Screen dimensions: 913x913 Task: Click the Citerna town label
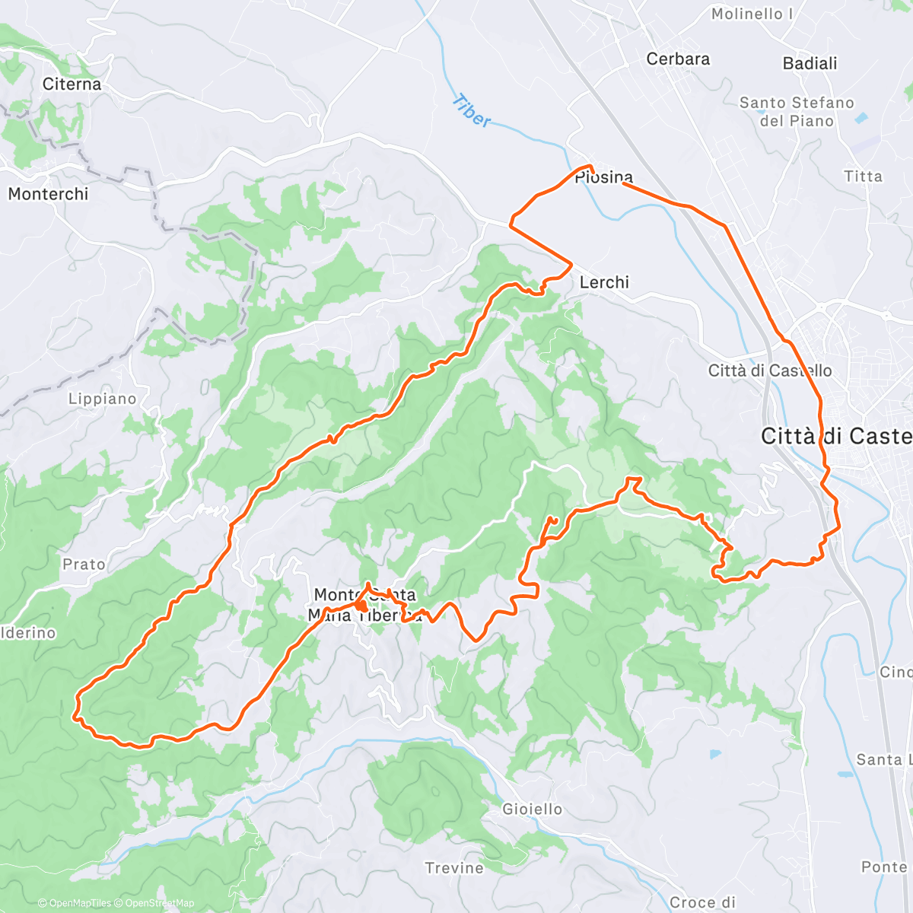72,84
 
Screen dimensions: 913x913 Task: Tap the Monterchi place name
48,194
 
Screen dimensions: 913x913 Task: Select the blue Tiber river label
472,111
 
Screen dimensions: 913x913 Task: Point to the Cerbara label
678,59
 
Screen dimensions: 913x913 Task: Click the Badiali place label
810,64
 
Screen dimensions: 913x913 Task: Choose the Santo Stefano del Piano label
797,112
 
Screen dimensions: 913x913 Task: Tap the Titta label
863,177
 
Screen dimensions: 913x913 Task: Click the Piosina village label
603,178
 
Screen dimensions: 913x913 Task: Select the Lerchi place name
604,282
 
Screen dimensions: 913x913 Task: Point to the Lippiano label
103,399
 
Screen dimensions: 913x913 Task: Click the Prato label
84,565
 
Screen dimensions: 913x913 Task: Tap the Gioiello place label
533,810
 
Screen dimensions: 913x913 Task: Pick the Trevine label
454,868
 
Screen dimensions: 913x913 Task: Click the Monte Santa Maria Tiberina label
364,605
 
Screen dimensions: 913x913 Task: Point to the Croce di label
702,902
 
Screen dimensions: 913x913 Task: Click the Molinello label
752,14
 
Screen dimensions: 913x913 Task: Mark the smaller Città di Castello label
770,371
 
